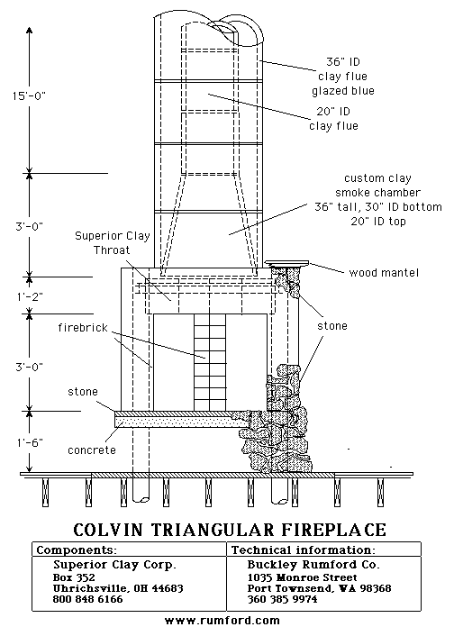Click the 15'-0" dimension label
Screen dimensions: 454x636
click(29, 96)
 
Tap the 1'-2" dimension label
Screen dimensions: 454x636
click(30, 296)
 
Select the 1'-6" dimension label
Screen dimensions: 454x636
click(30, 442)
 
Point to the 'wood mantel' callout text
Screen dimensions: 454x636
click(384, 272)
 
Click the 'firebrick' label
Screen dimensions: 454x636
click(83, 327)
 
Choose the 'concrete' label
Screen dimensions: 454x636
click(92, 450)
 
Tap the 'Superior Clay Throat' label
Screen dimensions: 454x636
click(113, 243)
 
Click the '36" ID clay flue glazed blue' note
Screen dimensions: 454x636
click(343, 77)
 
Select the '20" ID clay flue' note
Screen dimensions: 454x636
click(333, 118)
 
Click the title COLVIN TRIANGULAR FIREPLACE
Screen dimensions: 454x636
click(230, 530)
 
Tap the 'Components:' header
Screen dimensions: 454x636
click(77, 550)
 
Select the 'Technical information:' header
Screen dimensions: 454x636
click(304, 550)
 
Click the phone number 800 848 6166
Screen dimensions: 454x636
click(87, 599)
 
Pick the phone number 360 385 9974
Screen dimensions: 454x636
click(282, 599)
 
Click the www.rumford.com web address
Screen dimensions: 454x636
click(222, 620)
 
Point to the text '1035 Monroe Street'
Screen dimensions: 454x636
click(303, 577)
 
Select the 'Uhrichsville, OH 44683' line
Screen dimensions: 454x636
click(118, 588)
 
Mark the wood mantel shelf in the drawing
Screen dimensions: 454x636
click(287, 263)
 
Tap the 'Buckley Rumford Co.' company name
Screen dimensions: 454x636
click(313, 565)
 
